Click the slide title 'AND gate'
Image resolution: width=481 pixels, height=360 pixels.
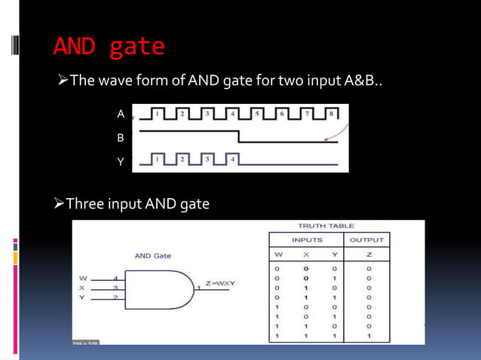109,47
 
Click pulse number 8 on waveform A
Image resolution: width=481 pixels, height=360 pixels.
332,114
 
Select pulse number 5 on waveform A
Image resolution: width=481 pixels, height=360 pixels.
257,114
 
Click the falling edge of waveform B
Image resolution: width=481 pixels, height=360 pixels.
239,136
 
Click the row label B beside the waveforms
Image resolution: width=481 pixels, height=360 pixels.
120,139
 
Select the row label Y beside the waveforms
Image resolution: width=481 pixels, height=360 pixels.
120,160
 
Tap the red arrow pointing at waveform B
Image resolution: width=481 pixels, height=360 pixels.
328,136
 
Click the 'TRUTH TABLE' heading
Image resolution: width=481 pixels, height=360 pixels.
326,226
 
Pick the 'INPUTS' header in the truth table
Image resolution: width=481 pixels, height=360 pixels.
306,239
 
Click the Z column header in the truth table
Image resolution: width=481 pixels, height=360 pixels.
369,255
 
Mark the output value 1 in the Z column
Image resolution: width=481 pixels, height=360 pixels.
369,335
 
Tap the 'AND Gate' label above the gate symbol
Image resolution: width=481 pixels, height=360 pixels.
153,256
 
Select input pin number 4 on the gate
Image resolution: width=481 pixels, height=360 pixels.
115,277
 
